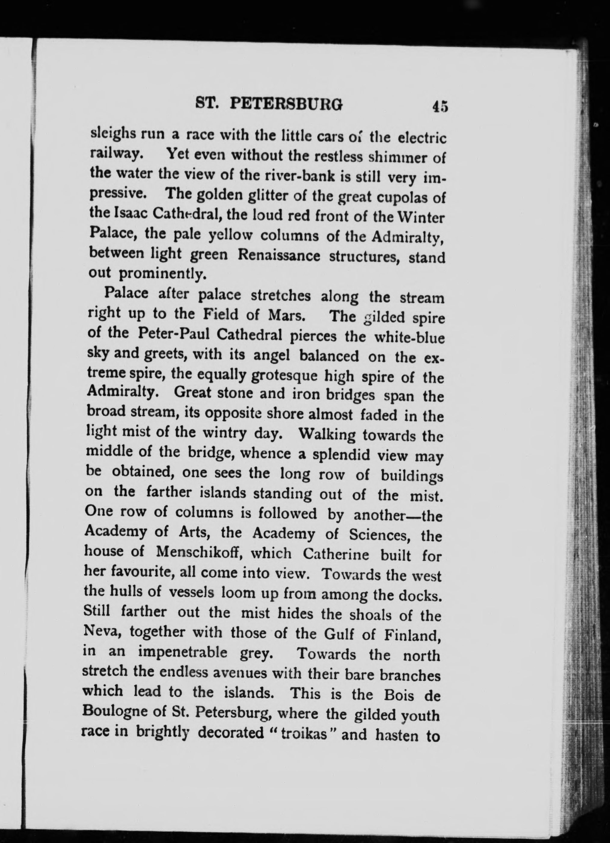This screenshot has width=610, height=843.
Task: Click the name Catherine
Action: pos(336,555)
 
